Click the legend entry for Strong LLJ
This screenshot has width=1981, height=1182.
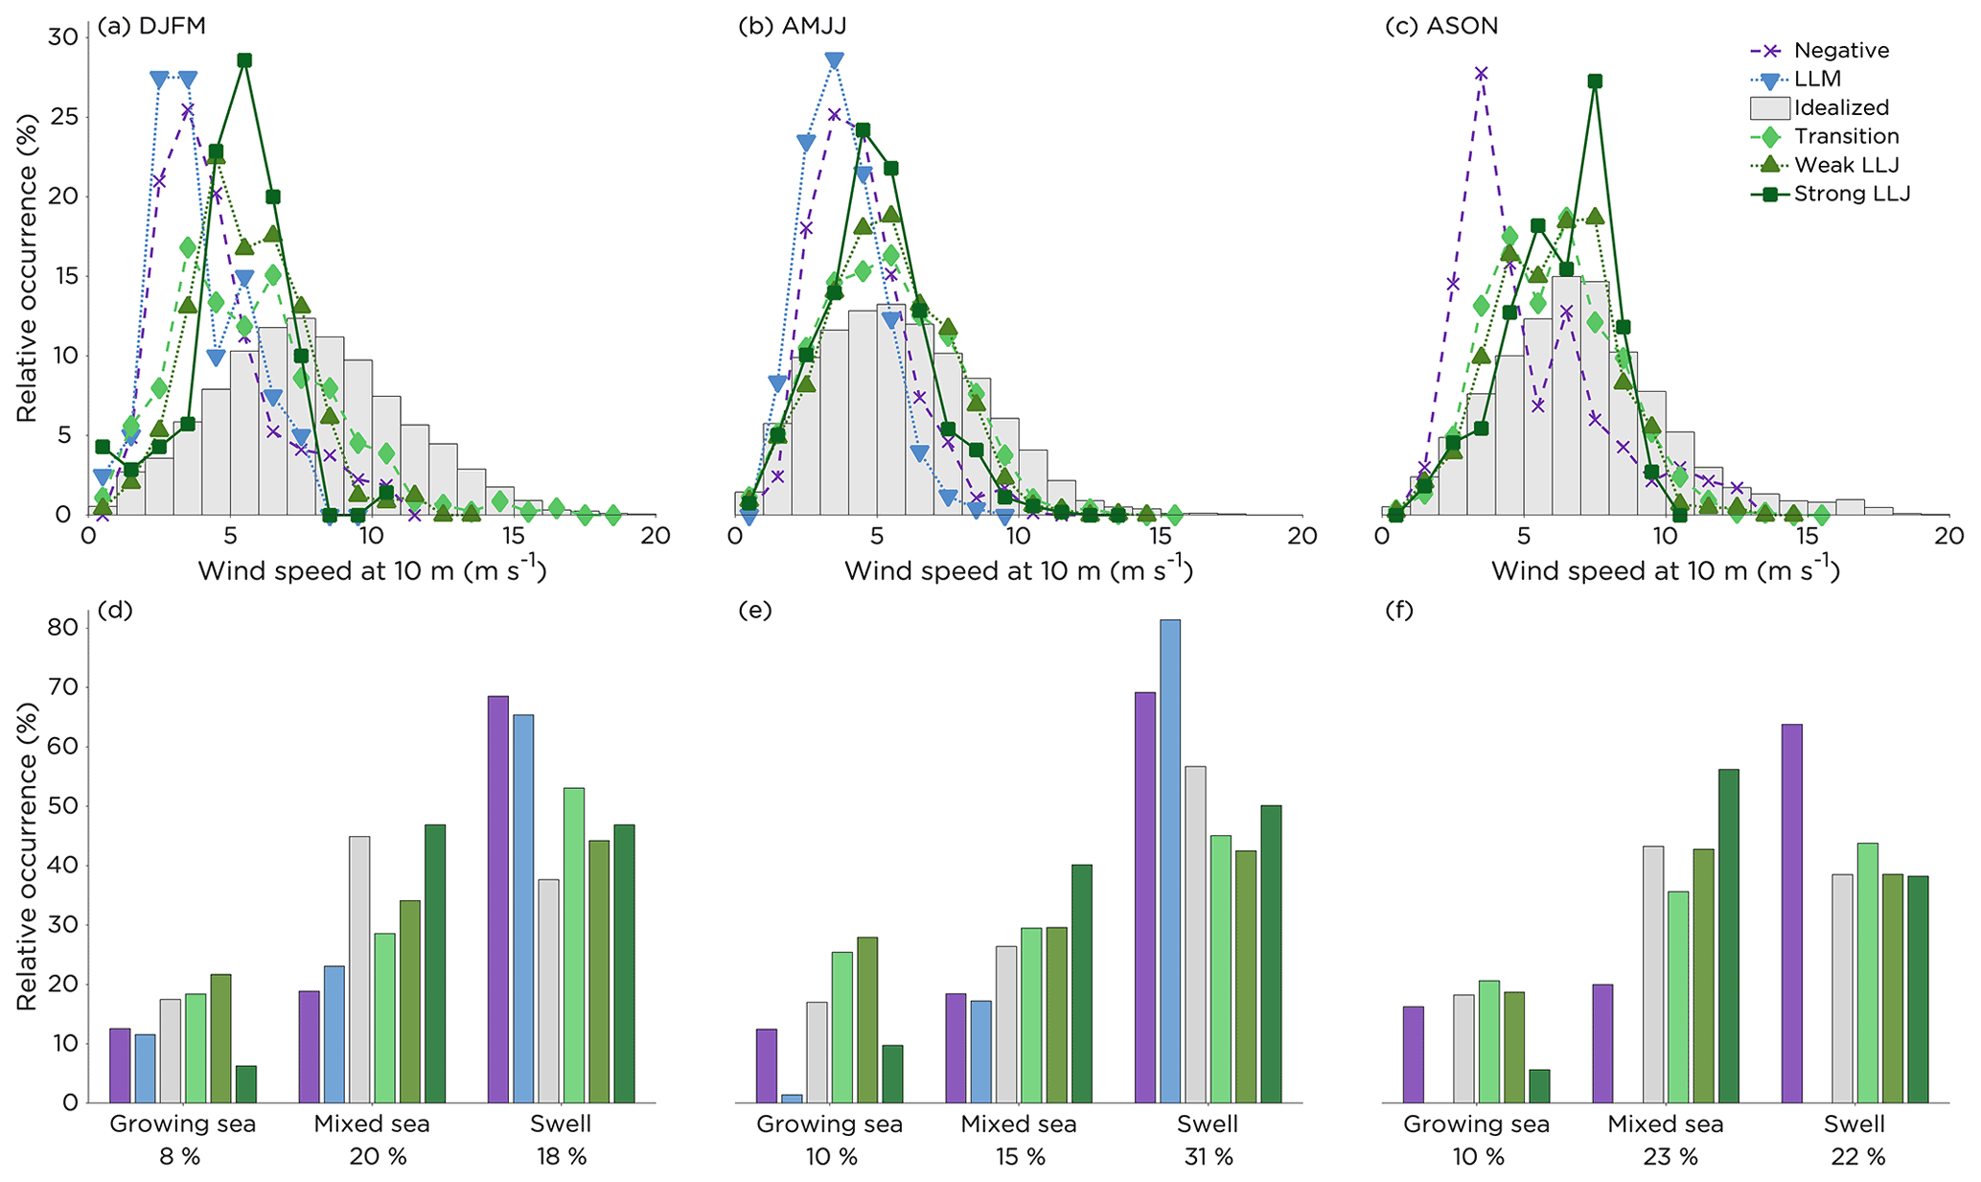point(1852,194)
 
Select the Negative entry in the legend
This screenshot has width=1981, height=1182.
point(1841,51)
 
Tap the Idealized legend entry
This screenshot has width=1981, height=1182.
point(1841,107)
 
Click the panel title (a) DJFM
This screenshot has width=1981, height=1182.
point(151,26)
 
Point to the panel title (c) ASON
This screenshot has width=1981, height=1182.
point(1441,26)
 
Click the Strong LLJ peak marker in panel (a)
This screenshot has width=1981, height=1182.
point(244,60)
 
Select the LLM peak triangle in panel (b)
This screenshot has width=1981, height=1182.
point(834,60)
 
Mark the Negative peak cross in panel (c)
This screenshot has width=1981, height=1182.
point(1482,73)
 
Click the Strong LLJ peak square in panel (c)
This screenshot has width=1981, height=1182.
point(1595,81)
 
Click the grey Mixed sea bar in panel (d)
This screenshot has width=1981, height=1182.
point(359,969)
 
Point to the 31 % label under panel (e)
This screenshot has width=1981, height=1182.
point(1209,1157)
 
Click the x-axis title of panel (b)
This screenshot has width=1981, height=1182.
point(1019,570)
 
